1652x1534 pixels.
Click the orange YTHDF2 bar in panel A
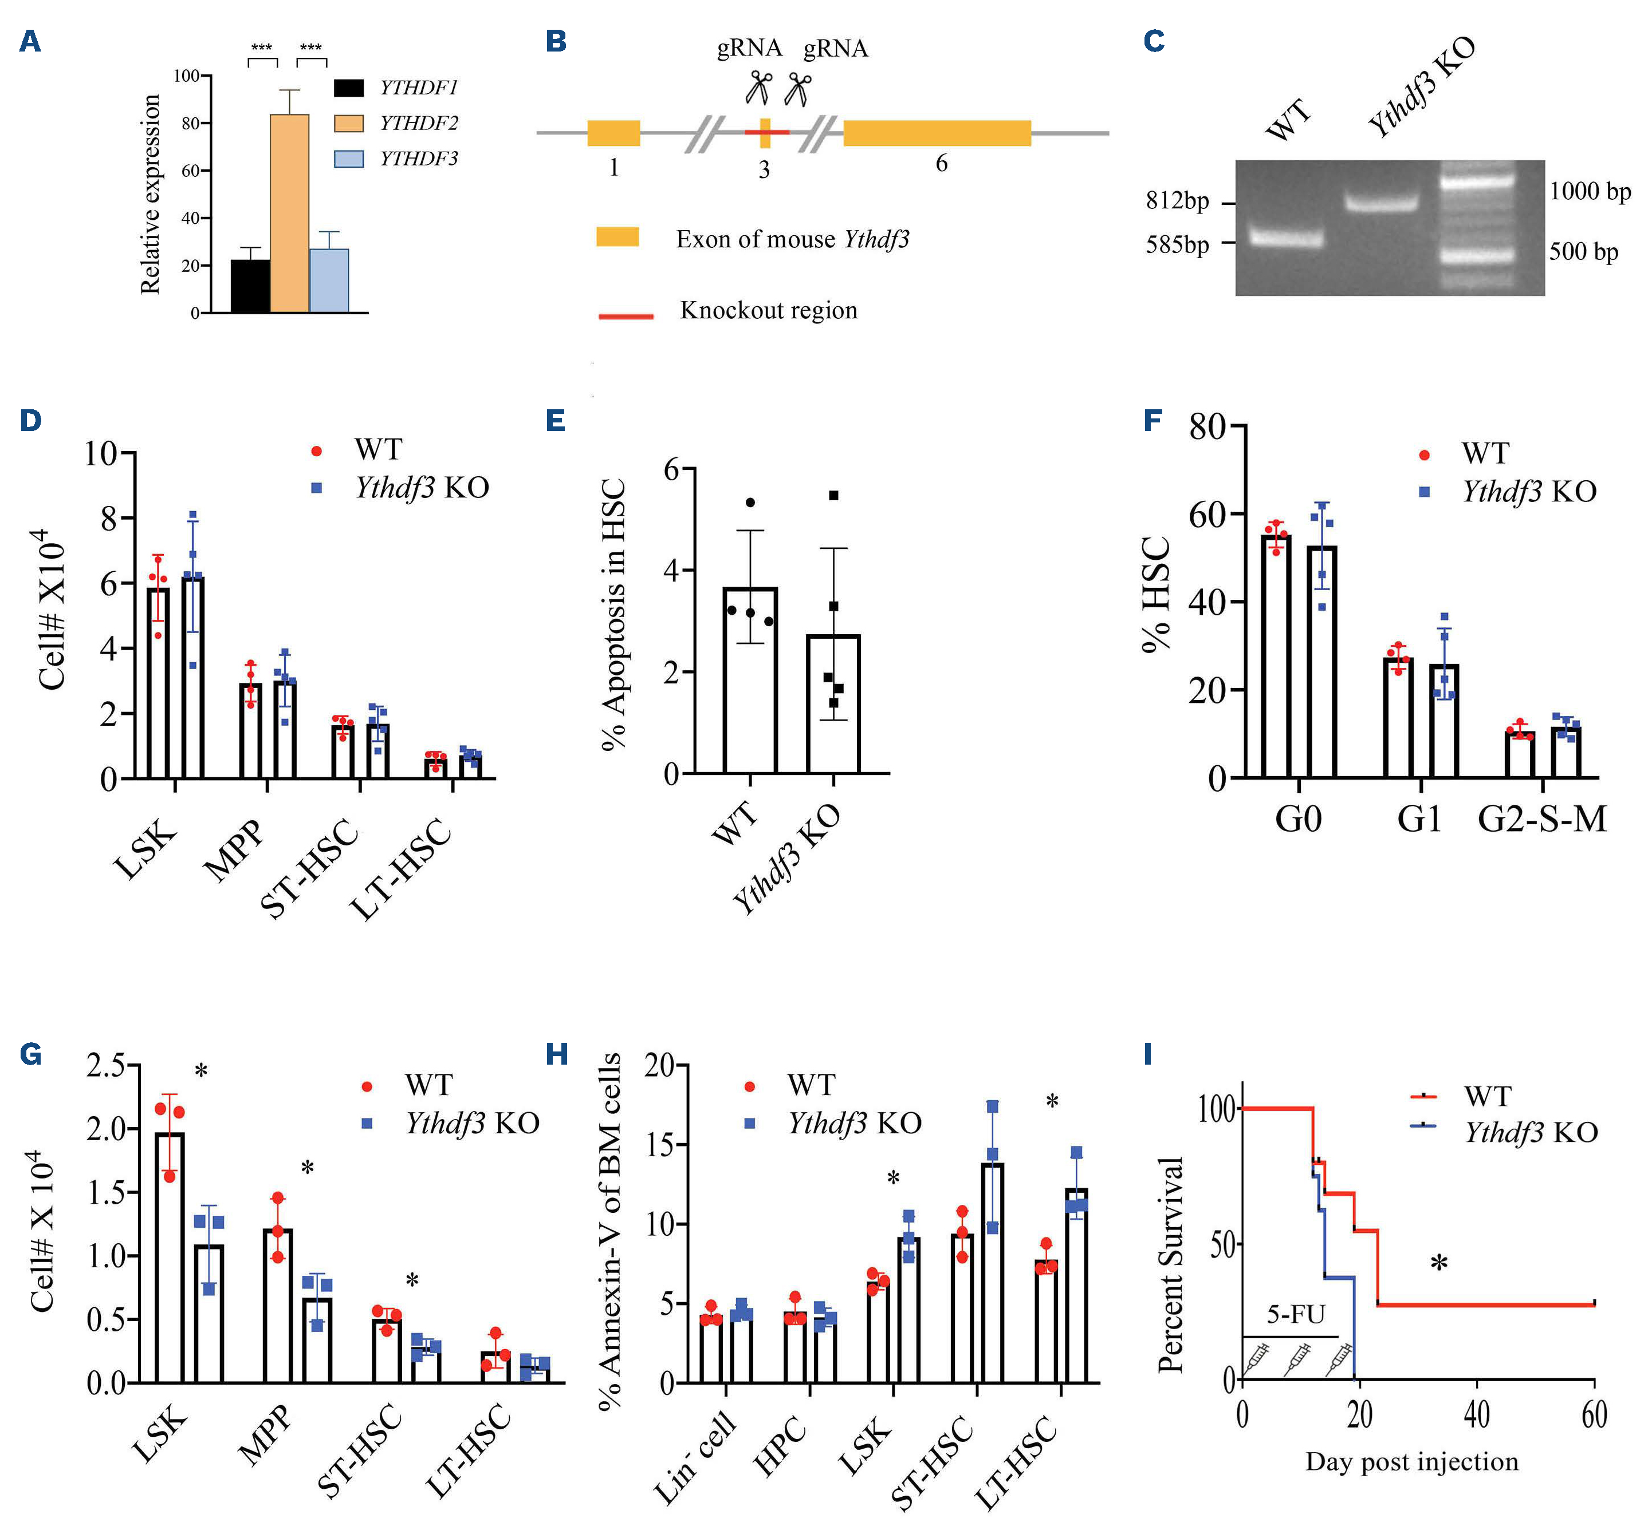[x=289, y=214]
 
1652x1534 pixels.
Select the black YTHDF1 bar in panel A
[x=250, y=286]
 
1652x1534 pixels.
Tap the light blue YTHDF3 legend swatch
[x=349, y=159]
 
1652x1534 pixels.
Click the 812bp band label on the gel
[x=1177, y=201]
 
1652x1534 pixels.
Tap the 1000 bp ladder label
[x=1590, y=192]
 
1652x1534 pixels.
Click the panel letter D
[x=31, y=420]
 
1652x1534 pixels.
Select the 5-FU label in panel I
[x=1296, y=1315]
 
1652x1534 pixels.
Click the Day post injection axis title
[x=1411, y=1485]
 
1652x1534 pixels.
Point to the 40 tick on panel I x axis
[x=1477, y=1416]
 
